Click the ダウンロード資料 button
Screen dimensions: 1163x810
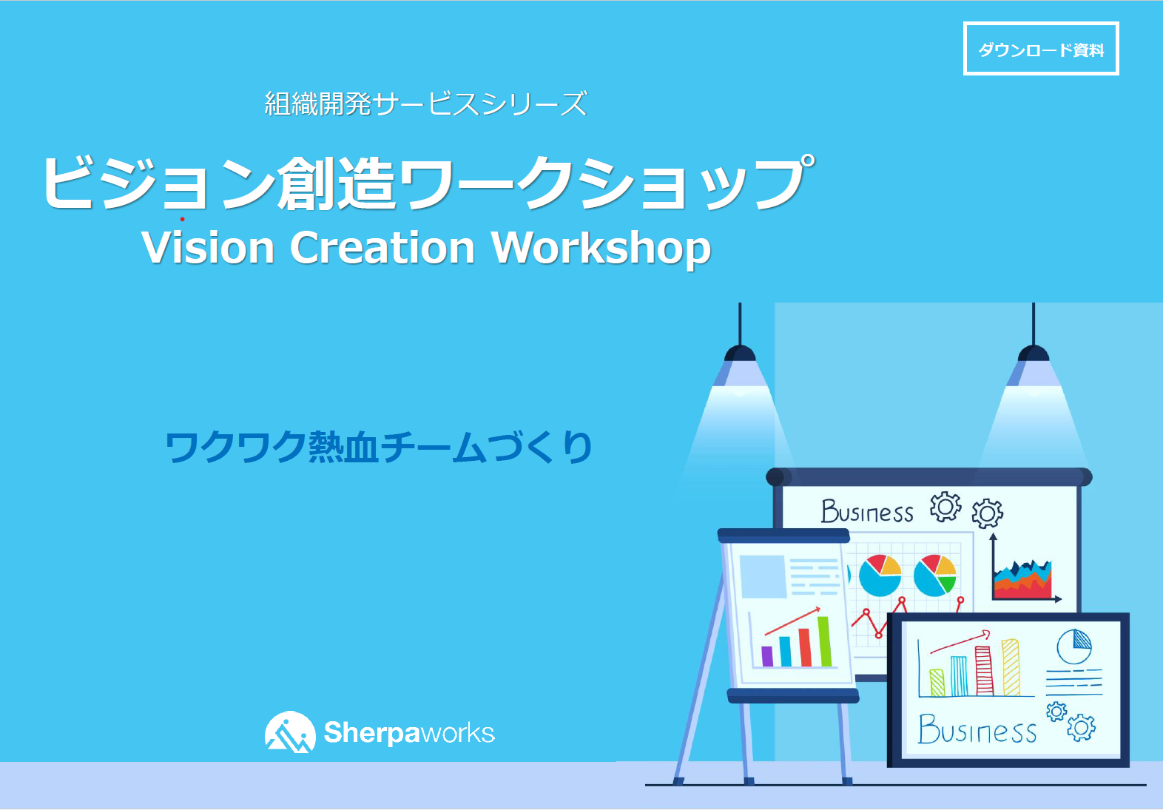[x=1040, y=49]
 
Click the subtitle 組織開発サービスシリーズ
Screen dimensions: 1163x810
[x=425, y=104]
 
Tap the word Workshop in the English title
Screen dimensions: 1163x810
[x=601, y=249]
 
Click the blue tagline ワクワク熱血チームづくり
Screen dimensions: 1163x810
[x=379, y=447]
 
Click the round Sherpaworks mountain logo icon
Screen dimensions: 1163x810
[x=290, y=732]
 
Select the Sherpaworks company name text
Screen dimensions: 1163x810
[x=409, y=732]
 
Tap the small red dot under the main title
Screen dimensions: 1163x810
[x=182, y=219]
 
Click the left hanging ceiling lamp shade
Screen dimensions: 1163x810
[x=740, y=367]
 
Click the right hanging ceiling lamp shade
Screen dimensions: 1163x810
[x=1034, y=367]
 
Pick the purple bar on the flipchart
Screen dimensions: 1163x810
[x=767, y=656]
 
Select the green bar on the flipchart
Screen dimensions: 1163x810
[x=825, y=641]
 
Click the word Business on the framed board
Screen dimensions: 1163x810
[x=977, y=729]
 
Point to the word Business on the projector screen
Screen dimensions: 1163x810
[x=867, y=511]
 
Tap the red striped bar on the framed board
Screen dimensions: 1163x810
[x=984, y=670]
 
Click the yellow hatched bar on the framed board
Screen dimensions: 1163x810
[x=1011, y=667]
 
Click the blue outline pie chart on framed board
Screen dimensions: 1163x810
[x=1074, y=647]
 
